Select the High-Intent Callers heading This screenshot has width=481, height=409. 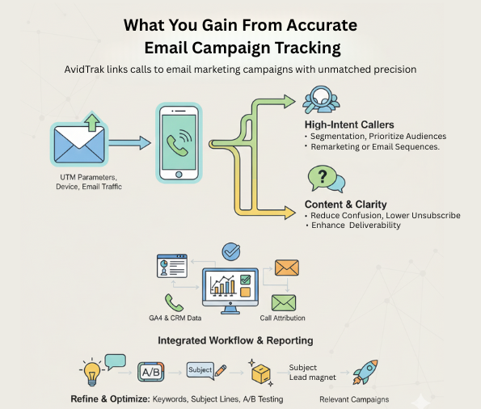point(349,124)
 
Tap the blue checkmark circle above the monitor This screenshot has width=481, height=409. point(230,251)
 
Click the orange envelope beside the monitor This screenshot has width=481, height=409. point(286,267)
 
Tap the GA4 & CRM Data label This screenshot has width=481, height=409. point(173,318)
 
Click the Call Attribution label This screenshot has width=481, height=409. point(283,318)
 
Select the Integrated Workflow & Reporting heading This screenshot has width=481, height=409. point(234,340)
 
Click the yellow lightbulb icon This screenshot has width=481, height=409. point(91,373)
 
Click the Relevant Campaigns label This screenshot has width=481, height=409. point(354,398)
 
